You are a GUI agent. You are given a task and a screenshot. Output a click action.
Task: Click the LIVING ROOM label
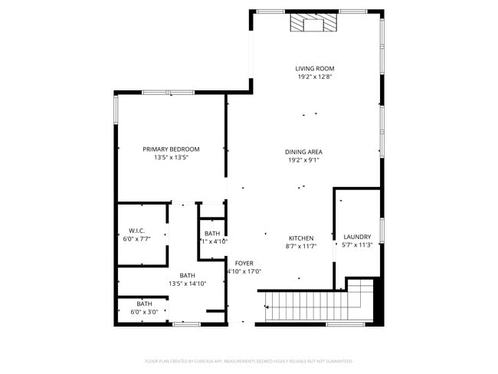315,69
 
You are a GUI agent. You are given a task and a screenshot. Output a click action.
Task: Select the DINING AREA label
303,152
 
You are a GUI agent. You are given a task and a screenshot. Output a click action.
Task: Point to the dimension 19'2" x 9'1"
303,161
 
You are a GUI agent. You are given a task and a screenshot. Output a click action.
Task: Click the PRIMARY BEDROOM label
171,149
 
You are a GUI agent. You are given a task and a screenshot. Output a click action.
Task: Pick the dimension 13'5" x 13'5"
171,158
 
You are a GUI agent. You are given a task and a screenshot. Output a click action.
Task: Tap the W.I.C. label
137,231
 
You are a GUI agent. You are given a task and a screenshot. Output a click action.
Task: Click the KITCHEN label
301,238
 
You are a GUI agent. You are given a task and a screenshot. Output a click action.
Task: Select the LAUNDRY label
357,237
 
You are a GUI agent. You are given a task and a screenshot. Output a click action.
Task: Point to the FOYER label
244,263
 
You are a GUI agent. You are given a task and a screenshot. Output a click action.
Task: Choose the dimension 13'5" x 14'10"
188,284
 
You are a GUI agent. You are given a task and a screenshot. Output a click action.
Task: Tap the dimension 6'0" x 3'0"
145,312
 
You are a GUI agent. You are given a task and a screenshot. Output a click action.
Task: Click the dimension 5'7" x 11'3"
357,245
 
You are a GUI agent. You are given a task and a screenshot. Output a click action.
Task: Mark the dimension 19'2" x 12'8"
315,77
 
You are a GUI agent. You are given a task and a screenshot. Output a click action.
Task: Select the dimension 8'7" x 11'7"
301,246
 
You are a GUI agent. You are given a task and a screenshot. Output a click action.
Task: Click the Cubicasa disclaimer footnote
248,360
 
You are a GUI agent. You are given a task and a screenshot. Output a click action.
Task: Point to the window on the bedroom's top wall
169,93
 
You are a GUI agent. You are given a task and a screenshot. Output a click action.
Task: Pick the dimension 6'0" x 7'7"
137,239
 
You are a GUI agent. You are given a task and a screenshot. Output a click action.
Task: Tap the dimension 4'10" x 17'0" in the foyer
244,271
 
